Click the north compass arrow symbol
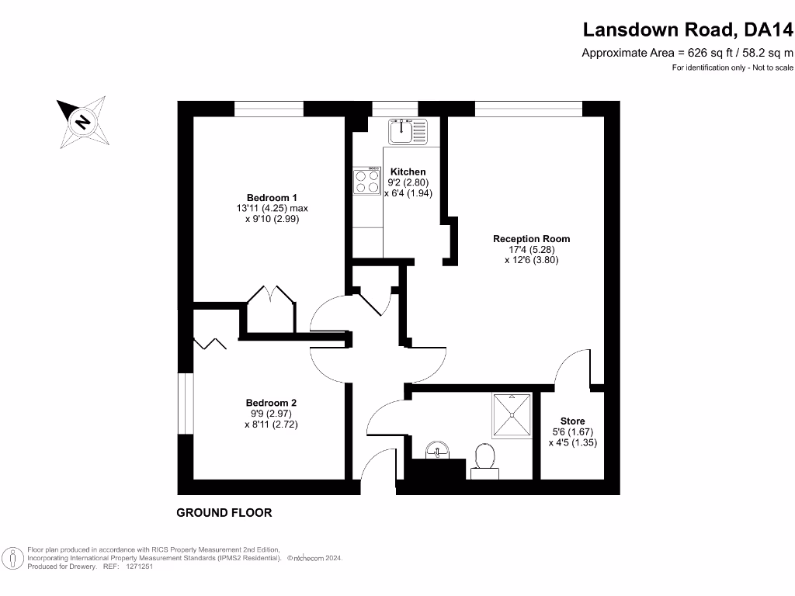82,121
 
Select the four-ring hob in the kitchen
367,182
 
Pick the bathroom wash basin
438,450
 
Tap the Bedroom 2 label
271,403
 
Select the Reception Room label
531,239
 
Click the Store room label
572,421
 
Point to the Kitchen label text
408,172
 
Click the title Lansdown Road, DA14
688,30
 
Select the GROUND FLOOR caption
224,513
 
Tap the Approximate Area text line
688,53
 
